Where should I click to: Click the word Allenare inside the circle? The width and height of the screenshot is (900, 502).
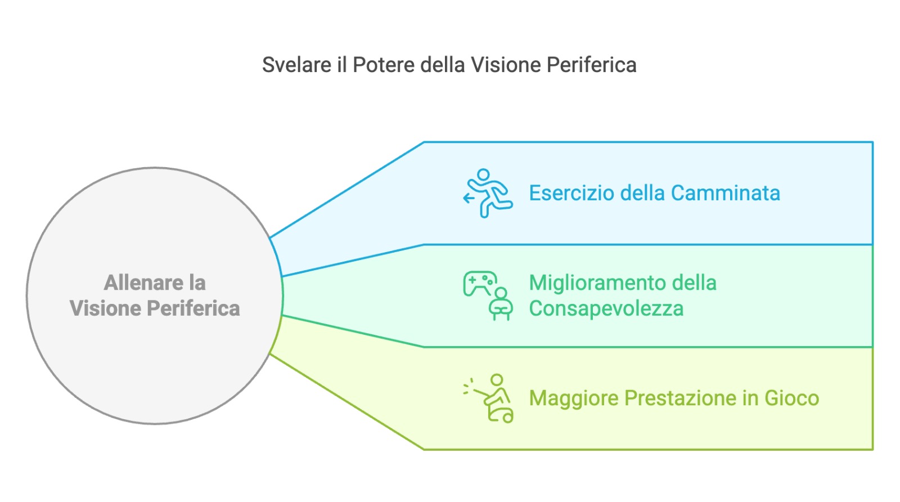[143, 283]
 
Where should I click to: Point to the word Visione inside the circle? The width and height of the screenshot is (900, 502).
[105, 308]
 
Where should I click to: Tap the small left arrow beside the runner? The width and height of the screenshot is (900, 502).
[469, 198]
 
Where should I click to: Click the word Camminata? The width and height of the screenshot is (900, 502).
[725, 193]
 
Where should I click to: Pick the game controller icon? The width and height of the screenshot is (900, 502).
[480, 284]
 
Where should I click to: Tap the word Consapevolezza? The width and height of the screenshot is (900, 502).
[606, 308]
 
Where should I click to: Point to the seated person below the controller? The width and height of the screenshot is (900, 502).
[500, 304]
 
